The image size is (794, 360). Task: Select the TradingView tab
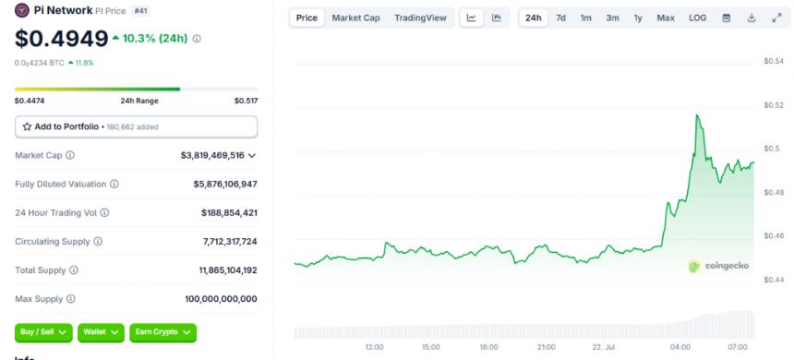[419, 18]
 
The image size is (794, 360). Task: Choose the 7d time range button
[560, 18]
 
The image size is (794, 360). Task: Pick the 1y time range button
[638, 18]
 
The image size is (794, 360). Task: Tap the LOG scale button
[697, 18]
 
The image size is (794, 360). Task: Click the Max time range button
[665, 18]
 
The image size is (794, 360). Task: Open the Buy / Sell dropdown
[43, 331]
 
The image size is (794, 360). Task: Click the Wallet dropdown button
[102, 331]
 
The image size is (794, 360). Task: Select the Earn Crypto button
[162, 331]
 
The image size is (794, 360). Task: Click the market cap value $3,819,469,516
[212, 155]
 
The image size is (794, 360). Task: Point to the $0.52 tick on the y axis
[773, 104]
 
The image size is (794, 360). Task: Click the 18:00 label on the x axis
[488, 348]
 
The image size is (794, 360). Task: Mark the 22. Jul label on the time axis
[603, 348]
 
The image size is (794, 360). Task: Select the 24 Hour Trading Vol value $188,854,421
[229, 212]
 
